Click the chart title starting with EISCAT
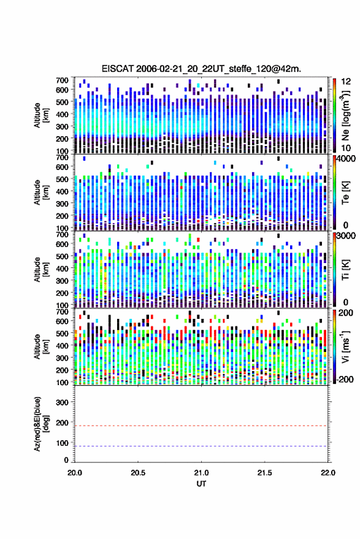coord(201,69)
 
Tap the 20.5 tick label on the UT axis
coord(138,473)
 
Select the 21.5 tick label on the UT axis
coord(264,473)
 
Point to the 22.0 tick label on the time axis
coord(327,473)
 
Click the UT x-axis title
coord(201,484)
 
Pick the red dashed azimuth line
coord(201,426)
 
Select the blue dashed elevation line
coord(201,446)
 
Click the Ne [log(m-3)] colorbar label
coord(345,115)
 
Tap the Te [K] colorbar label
coord(345,193)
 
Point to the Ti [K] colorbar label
coord(345,270)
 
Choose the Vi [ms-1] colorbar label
coord(345,346)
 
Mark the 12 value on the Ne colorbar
coord(347,82)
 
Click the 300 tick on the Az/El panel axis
coord(63,402)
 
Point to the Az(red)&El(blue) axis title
coord(41,424)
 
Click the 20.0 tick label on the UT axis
coord(75,473)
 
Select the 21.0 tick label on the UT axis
coord(201,473)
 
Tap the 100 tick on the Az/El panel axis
coord(63,443)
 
